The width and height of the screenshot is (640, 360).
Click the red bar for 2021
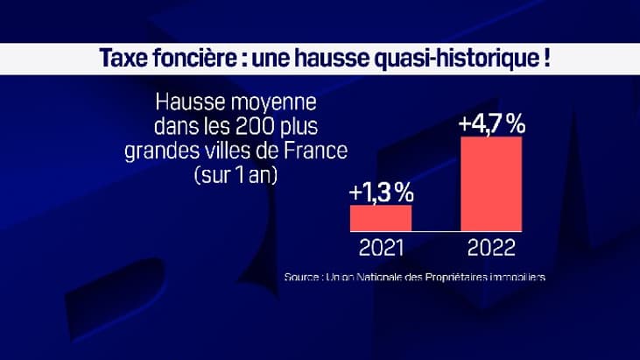[381, 217]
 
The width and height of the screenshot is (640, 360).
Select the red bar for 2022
[491, 182]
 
